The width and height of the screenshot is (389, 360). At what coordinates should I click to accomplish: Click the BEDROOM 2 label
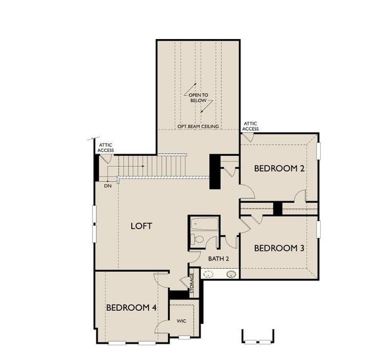pyautogui.click(x=279, y=169)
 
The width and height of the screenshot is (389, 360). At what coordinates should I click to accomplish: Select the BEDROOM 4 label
pyautogui.click(x=131, y=307)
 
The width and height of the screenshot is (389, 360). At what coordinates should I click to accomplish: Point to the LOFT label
pyautogui.click(x=141, y=226)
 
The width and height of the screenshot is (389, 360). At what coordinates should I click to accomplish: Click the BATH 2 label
pyautogui.click(x=219, y=259)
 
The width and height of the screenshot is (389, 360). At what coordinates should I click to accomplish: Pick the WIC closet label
pyautogui.click(x=182, y=321)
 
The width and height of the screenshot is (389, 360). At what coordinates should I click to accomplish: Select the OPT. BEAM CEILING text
pyautogui.click(x=198, y=127)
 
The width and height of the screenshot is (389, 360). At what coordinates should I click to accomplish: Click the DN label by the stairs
pyautogui.click(x=108, y=186)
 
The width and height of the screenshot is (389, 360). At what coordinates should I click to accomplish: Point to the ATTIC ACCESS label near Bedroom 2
pyautogui.click(x=251, y=126)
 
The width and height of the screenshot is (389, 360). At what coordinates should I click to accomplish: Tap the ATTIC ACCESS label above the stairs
pyautogui.click(x=106, y=146)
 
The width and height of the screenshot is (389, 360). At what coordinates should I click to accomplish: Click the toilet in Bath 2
pyautogui.click(x=198, y=240)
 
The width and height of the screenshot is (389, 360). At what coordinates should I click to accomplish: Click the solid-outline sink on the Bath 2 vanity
pyautogui.click(x=231, y=274)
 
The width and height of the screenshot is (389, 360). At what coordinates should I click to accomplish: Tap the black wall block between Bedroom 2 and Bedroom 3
pyautogui.click(x=278, y=208)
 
